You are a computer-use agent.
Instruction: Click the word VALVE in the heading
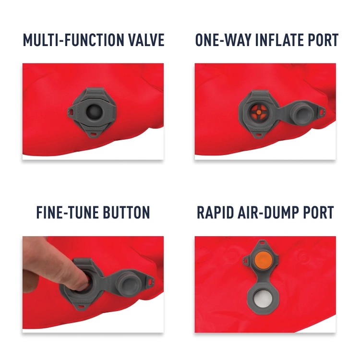point(146,40)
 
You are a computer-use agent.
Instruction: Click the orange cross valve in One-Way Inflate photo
point(258,112)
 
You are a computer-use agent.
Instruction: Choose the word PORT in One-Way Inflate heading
point(322,40)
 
